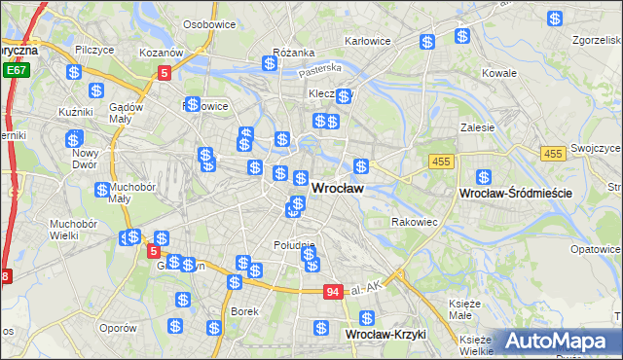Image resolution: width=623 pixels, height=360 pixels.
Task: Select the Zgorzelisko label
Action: (596, 41)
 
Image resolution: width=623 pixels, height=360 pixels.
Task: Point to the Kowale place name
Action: (499, 73)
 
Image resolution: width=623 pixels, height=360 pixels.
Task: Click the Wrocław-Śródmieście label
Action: (514, 194)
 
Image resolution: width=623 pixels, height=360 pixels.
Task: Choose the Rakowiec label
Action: (415, 222)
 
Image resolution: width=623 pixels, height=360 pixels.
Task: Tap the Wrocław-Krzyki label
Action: (386, 334)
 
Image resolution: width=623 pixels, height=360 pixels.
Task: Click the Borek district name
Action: (244, 311)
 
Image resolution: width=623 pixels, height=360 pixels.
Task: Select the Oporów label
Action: (118, 327)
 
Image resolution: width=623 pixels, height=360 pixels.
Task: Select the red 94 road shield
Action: (334, 291)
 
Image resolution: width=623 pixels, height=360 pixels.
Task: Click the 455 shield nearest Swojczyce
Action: (554, 154)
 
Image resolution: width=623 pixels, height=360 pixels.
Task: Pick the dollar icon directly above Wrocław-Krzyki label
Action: (366, 318)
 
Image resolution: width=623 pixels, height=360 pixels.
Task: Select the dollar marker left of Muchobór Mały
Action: (101, 190)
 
